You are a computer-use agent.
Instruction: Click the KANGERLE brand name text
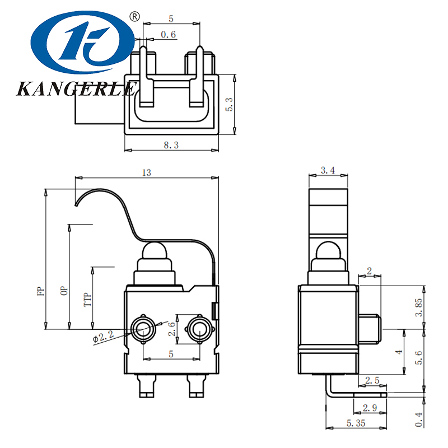coord(77,88)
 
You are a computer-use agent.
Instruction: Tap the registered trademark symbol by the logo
coord(134,17)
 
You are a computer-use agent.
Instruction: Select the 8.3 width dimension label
coord(171,145)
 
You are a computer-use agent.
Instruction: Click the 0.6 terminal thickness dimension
coord(168,35)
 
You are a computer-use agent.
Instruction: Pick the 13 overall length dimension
coord(147,173)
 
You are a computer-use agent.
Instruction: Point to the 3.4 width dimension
coord(328,171)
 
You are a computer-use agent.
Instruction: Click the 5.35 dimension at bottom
coord(354,423)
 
